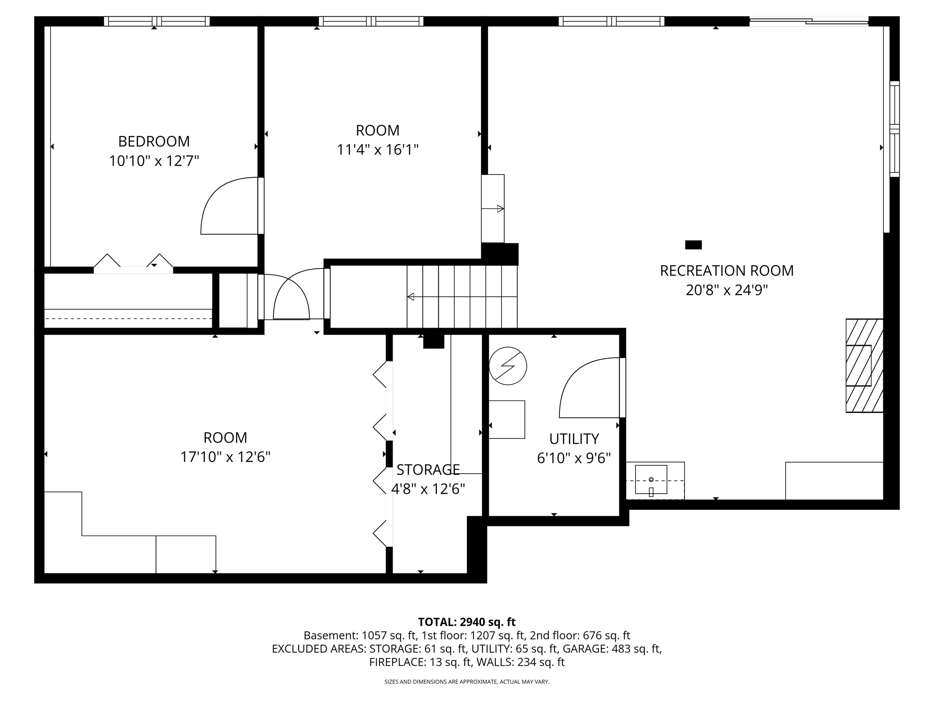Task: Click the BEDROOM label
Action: click(154, 141)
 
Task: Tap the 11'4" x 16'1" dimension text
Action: click(378, 150)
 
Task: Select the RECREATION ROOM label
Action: click(726, 271)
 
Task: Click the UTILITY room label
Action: click(574, 439)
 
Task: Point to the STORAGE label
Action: click(428, 470)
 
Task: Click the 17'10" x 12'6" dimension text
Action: click(225, 457)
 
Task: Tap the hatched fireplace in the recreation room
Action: click(864, 366)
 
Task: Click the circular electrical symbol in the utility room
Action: click(508, 366)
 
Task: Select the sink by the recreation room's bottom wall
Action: click(651, 480)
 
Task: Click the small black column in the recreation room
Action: click(693, 245)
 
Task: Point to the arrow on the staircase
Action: click(461, 297)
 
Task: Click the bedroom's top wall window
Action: click(156, 21)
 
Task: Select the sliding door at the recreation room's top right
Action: click(809, 21)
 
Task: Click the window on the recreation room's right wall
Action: click(894, 129)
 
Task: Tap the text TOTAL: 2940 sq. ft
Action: click(467, 622)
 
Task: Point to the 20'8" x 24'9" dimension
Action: click(726, 290)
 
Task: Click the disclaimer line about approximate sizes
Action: click(467, 682)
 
